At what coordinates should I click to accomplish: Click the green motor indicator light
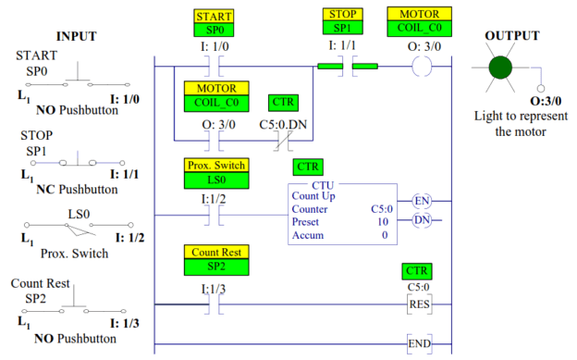pyautogui.click(x=500, y=68)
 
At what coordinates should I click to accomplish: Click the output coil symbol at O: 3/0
pyautogui.click(x=421, y=67)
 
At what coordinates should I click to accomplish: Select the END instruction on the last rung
pyautogui.click(x=421, y=344)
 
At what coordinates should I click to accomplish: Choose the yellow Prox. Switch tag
pyautogui.click(x=215, y=165)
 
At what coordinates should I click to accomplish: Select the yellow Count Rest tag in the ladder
pyautogui.click(x=215, y=252)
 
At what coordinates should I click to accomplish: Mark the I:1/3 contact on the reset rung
pyautogui.click(x=215, y=304)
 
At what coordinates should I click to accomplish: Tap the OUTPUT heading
pyautogui.click(x=512, y=35)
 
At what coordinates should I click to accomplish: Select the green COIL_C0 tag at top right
pyautogui.click(x=421, y=29)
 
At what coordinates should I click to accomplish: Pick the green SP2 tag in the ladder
pyautogui.click(x=215, y=267)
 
